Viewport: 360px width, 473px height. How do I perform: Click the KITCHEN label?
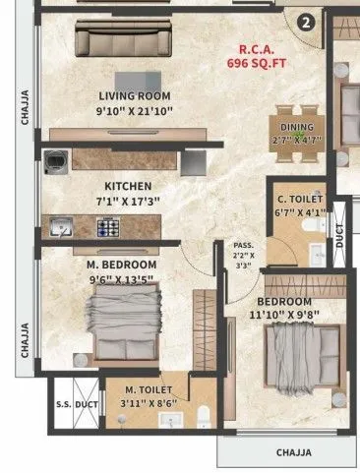[x=128, y=186]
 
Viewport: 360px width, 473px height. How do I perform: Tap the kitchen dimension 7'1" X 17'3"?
[x=128, y=202]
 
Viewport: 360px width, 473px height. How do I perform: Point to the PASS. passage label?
[x=243, y=245]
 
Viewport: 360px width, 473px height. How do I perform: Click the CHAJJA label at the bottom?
[x=292, y=452]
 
